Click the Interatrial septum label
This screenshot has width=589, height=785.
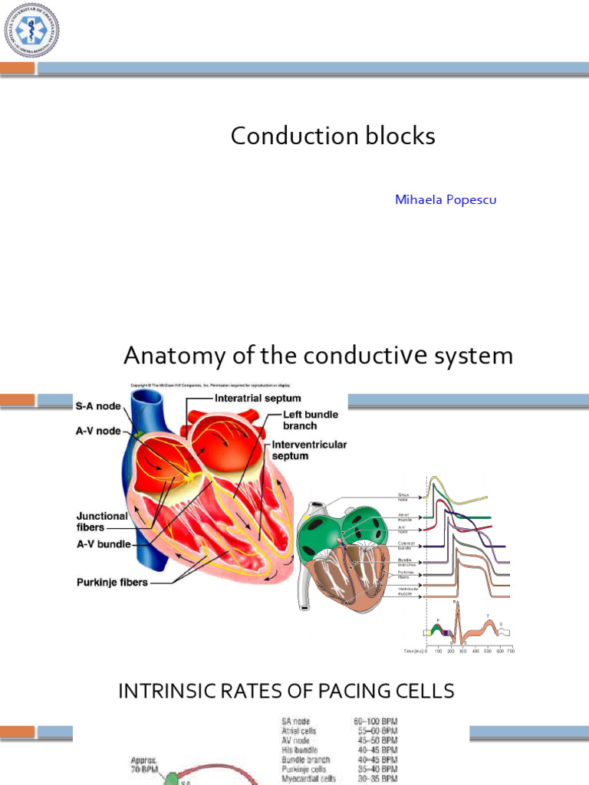(258, 399)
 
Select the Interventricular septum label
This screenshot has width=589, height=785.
(304, 450)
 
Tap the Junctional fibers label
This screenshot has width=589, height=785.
(102, 521)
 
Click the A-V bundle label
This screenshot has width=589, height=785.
(104, 545)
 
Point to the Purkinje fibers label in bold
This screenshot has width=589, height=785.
(112, 582)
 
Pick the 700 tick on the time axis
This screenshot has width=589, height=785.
(510, 650)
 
